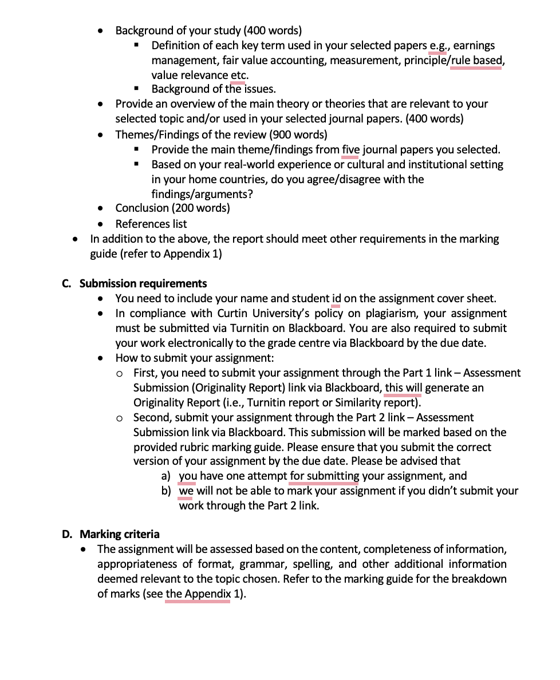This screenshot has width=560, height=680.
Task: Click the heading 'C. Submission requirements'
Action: pos(135,284)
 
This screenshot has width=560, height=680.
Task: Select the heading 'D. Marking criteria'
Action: pos(111,535)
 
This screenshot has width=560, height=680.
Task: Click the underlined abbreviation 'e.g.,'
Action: pos(440,46)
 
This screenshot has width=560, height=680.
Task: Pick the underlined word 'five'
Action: pos(350,150)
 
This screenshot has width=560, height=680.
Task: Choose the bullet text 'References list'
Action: pos(151,224)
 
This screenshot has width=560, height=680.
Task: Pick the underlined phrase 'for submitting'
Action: pos(324,476)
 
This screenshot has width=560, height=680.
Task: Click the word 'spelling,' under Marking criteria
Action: pos(313,564)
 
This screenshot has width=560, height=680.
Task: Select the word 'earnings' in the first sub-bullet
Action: pos(474,46)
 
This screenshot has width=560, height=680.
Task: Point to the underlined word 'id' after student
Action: pos(336,299)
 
